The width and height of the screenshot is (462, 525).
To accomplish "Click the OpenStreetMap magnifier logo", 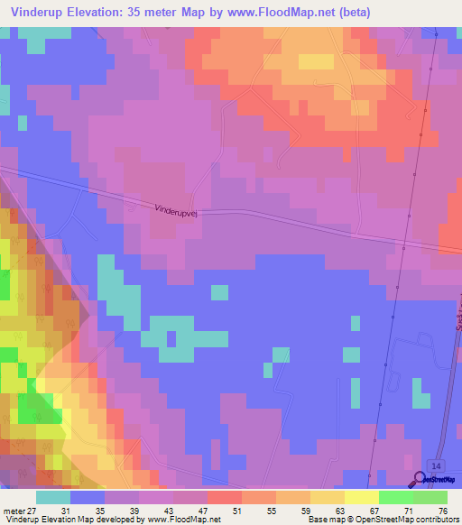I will click(420, 481).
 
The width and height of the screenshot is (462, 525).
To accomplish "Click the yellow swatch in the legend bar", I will click(361, 497).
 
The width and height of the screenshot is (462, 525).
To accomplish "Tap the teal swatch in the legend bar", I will click(53, 497).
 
